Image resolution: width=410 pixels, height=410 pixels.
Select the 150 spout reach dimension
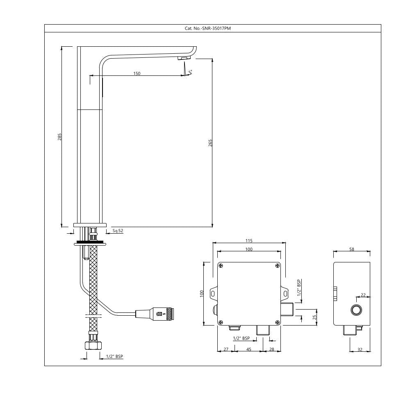pos(137,74)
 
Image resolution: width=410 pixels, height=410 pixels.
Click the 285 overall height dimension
pos(60,137)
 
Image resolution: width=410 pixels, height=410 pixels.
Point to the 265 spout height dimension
pos(211,143)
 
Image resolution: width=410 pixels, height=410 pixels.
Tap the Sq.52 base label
pos(118,231)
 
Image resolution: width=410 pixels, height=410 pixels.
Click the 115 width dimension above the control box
pos(249,241)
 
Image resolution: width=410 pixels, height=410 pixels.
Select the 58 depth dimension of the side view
pos(352,249)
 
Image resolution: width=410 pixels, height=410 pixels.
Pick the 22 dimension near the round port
pos(363,295)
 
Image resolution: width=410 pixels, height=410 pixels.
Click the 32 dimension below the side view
pos(360,350)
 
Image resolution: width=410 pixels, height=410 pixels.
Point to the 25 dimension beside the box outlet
pos(315,317)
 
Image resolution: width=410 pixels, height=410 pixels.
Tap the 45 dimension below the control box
pos(249,350)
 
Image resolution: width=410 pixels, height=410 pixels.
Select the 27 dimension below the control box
pos(226,350)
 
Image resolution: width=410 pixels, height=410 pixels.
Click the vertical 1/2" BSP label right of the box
pos(299,288)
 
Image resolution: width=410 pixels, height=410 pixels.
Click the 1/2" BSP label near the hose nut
pos(114,357)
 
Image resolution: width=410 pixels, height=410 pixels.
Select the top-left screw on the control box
pos(221,266)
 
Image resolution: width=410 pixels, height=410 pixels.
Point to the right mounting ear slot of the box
pos(286,293)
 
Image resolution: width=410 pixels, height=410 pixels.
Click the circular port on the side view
pos(357,310)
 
